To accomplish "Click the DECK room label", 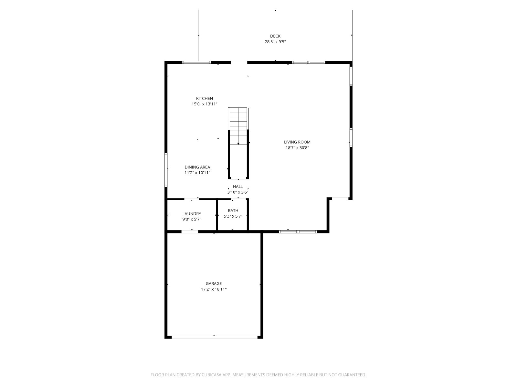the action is point(275,36).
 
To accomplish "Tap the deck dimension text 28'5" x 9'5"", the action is point(275,42).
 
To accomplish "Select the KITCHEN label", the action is point(205,99).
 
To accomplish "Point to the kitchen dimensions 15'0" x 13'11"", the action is point(205,104).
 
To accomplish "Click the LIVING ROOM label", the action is point(297,142).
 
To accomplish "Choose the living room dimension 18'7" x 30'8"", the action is point(297,148).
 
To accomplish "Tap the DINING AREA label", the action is point(197,167).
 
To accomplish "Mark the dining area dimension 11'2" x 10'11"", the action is point(197,172).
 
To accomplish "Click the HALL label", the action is point(237,187).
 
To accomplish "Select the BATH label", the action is point(233,210).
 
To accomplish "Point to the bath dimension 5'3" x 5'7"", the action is point(233,216).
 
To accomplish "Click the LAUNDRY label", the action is point(192,214).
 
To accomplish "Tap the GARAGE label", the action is point(214,284).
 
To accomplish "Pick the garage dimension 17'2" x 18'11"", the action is point(214,289).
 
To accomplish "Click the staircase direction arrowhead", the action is point(238,144).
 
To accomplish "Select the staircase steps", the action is point(238,126).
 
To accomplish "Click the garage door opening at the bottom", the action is point(215,337).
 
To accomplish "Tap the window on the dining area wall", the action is point(166,170).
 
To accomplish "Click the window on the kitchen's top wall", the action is point(196,62).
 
